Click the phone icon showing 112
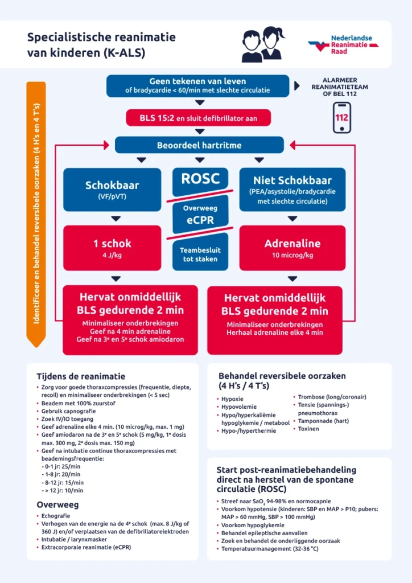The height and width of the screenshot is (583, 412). click(341, 118)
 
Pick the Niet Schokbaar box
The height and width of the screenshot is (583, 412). click(292, 190)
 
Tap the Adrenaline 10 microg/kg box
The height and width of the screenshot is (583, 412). click(292, 248)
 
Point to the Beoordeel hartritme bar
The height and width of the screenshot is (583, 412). click(199, 145)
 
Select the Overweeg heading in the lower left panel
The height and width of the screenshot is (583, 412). click(57, 504)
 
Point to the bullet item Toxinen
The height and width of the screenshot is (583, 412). click(308, 429)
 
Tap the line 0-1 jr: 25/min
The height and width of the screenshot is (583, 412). click(62, 466)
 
